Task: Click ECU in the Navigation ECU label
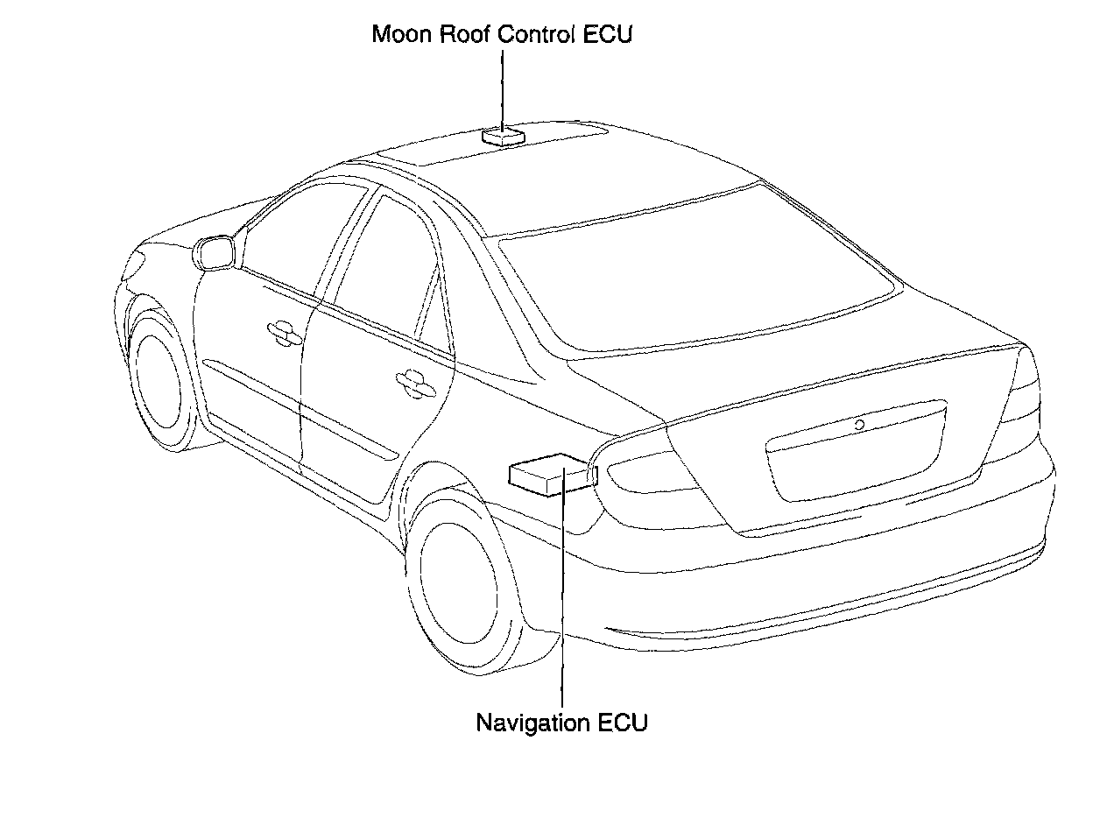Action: (623, 723)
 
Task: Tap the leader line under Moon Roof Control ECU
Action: (503, 88)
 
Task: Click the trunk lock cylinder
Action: (860, 425)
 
